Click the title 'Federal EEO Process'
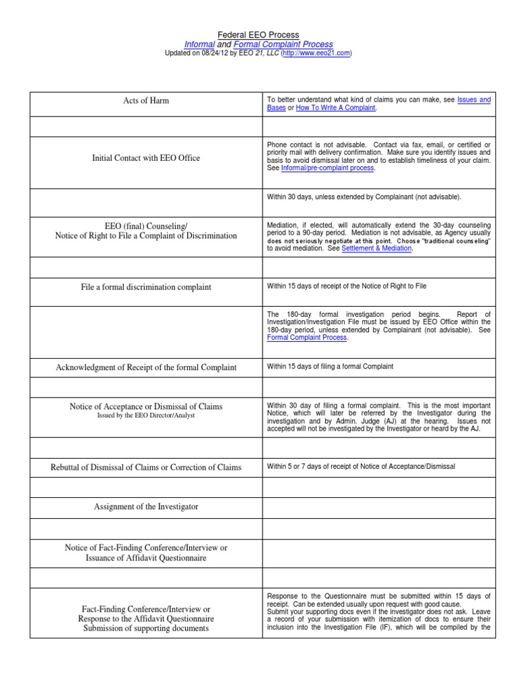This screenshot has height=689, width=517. [258, 34]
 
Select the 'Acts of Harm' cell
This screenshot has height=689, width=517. [145, 101]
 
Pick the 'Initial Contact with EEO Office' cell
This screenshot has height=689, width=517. [145, 158]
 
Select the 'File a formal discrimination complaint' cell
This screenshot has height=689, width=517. [145, 287]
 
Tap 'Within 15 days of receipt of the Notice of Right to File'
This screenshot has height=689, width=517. [347, 287]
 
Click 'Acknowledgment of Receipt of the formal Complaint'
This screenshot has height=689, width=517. [145, 367]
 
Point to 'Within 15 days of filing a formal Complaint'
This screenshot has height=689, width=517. [330, 367]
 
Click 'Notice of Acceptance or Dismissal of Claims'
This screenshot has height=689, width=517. [145, 406]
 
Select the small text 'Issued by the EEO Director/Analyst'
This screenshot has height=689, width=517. [145, 416]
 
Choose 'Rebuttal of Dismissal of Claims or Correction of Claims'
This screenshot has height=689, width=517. [145, 467]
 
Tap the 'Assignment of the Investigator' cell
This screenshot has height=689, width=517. [145, 507]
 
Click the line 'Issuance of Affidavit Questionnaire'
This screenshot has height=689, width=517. [145, 558]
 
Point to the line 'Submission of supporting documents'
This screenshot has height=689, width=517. [145, 628]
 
